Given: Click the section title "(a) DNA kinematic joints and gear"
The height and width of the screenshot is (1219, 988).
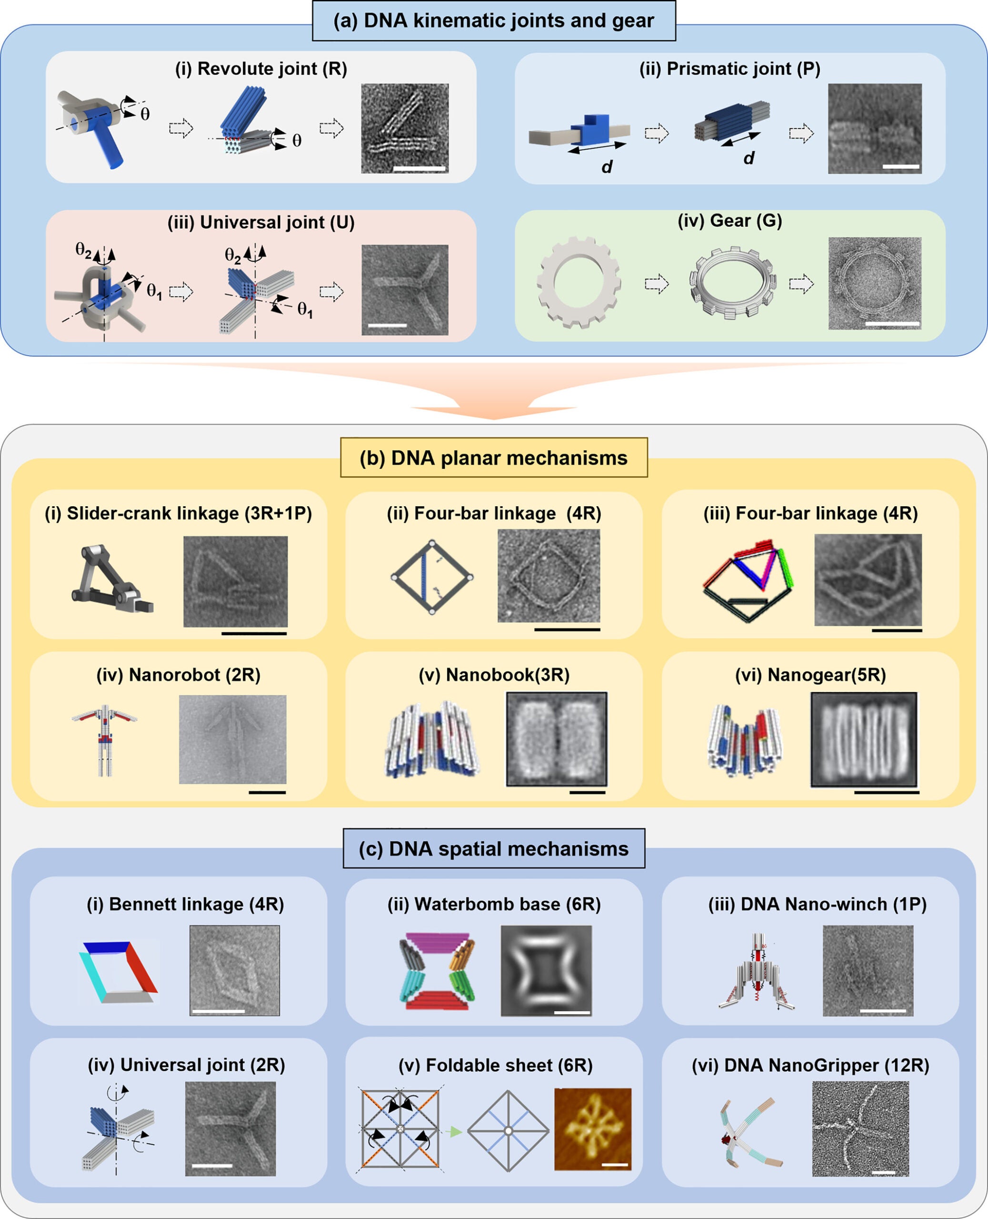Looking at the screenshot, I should coord(493,21).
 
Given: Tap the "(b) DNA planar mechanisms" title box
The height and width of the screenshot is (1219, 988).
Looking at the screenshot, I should coord(493,458).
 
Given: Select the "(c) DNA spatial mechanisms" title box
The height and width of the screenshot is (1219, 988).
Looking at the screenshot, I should coord(493,849).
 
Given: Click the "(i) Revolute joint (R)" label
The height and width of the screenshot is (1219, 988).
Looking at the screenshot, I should coord(260,69).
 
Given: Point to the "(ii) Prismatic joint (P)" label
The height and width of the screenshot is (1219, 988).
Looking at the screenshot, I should coord(729,69).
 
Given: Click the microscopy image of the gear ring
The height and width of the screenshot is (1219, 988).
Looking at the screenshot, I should coord(874,283).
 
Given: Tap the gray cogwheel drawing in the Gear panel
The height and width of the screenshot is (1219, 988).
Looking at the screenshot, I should coord(579,283).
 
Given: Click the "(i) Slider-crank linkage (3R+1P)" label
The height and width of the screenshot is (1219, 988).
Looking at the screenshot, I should coord(178,513).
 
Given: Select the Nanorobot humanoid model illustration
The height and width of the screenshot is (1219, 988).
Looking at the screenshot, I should coord(105,740).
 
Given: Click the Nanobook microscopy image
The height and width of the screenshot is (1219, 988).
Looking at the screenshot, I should coord(557,739).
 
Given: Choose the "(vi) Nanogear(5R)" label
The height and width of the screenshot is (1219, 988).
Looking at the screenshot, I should coord(810,675).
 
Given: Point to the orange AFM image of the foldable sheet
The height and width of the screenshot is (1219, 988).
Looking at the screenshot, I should coord(592,1129).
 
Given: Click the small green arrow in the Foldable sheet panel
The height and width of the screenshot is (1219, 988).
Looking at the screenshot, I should coord(454,1132).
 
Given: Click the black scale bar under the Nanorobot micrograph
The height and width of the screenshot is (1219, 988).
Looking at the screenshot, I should coord(267,791).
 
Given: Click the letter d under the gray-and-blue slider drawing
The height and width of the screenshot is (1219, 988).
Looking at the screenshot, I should coord(607,167).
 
